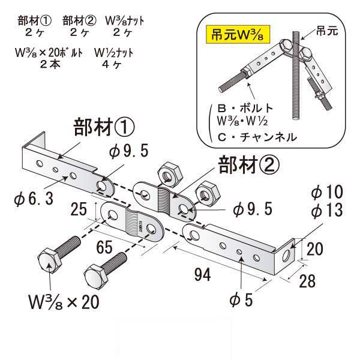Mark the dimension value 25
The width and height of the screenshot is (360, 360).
tap(77, 210)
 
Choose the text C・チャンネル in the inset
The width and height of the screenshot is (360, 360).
tap(259, 136)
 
